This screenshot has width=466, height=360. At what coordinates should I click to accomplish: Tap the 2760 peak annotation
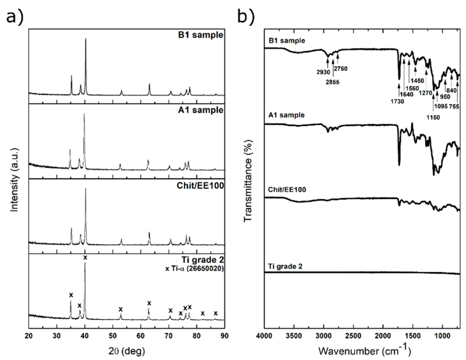341,68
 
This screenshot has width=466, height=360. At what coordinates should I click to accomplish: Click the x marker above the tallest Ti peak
85,258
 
